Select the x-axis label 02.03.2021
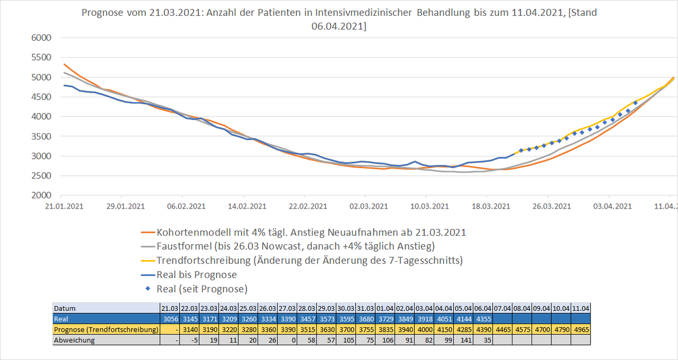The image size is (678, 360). (x=367, y=206)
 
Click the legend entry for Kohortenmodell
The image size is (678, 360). (x=311, y=232)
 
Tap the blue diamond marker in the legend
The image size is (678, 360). (x=147, y=289)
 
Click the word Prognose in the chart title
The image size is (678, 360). (x=101, y=13)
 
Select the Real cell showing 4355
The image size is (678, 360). (x=483, y=319)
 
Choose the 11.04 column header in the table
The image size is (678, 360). (x=581, y=309)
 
